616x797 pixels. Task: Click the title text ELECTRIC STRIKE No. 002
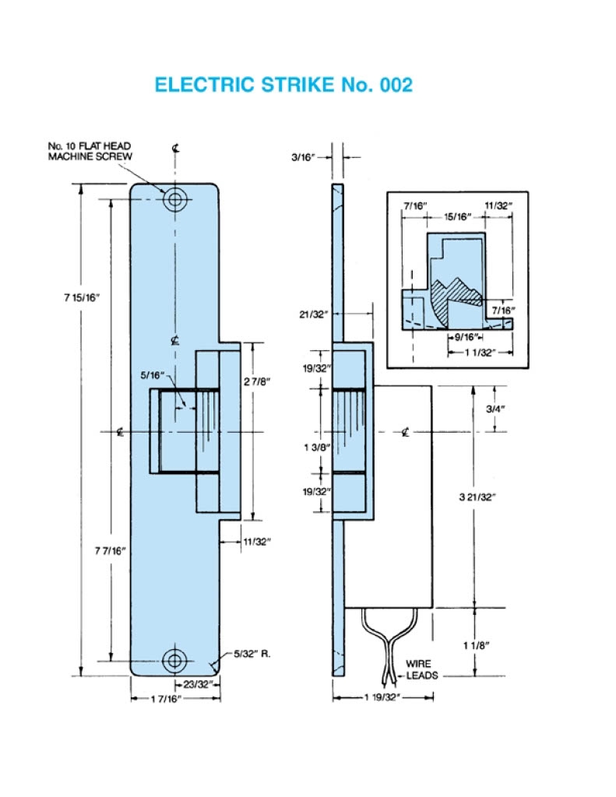[283, 85]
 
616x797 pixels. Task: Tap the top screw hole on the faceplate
[175, 199]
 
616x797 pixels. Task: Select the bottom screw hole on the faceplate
[175, 660]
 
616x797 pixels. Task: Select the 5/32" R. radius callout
[253, 654]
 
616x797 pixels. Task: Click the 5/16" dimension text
[153, 376]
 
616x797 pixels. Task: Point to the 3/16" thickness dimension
[303, 156]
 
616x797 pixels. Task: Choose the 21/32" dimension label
[311, 314]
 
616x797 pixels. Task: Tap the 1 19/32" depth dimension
[382, 698]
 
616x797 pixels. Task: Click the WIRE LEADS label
[421, 669]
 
